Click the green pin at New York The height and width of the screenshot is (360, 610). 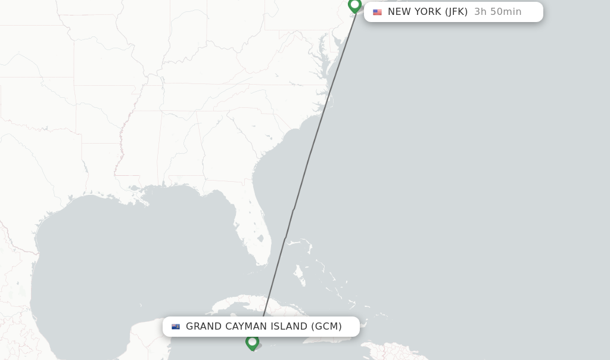(355, 5)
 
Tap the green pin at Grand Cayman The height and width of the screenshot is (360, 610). (252, 342)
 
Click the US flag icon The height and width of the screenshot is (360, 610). (377, 12)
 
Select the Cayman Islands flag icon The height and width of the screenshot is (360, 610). (176, 327)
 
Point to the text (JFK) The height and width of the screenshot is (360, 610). (456, 12)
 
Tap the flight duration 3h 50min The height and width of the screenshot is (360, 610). (497, 12)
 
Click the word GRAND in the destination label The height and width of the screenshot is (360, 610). (204, 327)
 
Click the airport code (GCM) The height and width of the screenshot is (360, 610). (326, 327)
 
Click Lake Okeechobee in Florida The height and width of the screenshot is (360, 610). (261, 237)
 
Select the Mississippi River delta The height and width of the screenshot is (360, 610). (145, 200)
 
